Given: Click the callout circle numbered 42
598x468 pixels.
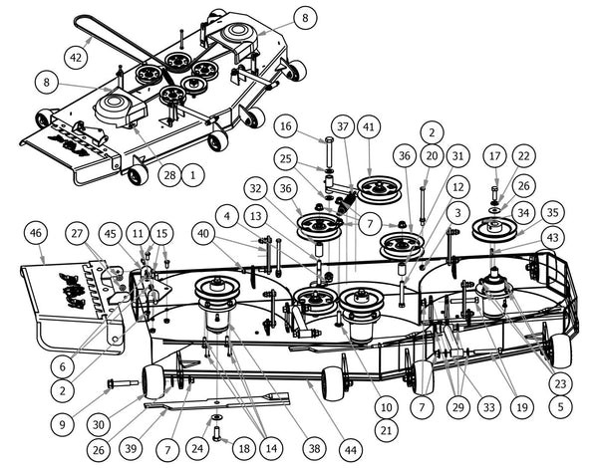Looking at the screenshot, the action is coord(76,57).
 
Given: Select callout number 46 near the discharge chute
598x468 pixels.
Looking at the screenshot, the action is coord(36,233).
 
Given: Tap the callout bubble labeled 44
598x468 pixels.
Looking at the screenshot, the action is coord(350,450).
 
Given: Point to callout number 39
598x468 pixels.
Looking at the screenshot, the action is coord(131,448).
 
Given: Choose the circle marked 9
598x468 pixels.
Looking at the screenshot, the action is coord(62,425).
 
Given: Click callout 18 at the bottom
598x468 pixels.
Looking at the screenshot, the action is coord(244,448).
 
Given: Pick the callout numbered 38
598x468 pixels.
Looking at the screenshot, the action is coord(314,448).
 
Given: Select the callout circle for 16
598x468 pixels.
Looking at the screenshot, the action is coord(286,126).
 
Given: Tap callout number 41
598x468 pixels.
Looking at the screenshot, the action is coord(369,126).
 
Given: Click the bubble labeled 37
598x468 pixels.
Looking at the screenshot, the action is coord(343,126).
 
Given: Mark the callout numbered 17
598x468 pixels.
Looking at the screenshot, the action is coord(494,156).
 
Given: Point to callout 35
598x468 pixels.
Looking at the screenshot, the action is coord(552,212).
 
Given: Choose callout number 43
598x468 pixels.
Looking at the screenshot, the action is coord(552,237).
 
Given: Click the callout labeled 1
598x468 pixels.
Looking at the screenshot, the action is coord(193,175).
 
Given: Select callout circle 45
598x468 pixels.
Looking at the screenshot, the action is coord(111,233).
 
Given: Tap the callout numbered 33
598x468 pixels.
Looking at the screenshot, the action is coord(489,407).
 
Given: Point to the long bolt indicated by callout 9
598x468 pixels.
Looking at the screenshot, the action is coord(124,382).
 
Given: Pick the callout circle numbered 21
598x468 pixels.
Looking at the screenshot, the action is coord(386,430).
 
